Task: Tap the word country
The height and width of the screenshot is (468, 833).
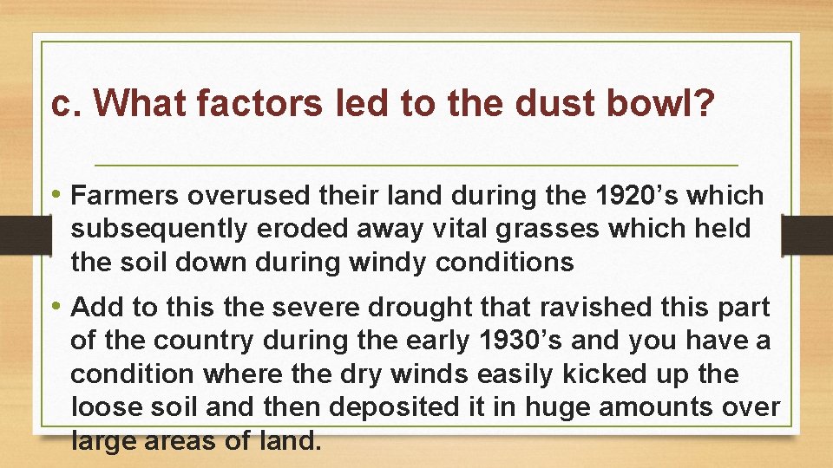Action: click(x=193, y=341)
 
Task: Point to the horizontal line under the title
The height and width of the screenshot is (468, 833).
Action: click(x=416, y=165)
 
